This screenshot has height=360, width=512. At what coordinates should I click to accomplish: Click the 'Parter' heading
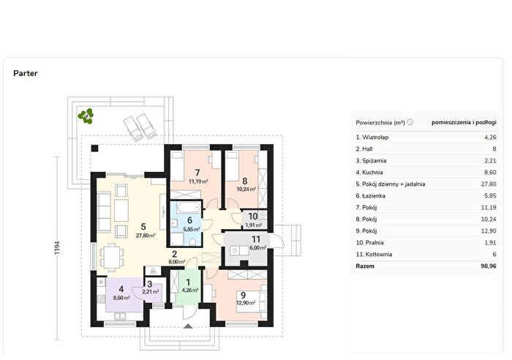[x=25, y=73]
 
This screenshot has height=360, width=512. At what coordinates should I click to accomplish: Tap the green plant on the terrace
[x=86, y=116]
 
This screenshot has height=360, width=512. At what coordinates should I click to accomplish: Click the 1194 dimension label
[x=57, y=248]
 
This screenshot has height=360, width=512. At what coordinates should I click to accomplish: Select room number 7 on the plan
[x=197, y=173]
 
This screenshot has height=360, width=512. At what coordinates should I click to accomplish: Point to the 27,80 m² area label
[x=146, y=235]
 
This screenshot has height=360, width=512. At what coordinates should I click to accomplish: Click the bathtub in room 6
[x=186, y=207]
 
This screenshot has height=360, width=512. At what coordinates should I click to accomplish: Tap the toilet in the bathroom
[x=192, y=241]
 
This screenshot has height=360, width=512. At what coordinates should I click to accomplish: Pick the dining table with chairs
[x=112, y=257]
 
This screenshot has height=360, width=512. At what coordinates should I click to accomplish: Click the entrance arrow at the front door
[x=189, y=326]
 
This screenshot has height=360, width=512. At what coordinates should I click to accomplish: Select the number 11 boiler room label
[x=256, y=239]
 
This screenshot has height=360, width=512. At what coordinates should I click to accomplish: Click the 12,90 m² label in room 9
[x=246, y=303]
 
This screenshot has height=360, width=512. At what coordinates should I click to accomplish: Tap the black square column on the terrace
[x=94, y=149]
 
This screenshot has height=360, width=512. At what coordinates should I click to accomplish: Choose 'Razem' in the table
[x=365, y=266]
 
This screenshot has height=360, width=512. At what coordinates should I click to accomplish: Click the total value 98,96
[x=488, y=266]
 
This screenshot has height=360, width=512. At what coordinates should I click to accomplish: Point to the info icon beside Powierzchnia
[x=410, y=122]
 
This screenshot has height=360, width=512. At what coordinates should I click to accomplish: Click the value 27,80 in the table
[x=489, y=184]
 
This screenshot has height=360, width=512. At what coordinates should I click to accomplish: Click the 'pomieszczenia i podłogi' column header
[x=464, y=122]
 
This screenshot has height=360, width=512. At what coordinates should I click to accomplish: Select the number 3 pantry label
[x=149, y=285]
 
